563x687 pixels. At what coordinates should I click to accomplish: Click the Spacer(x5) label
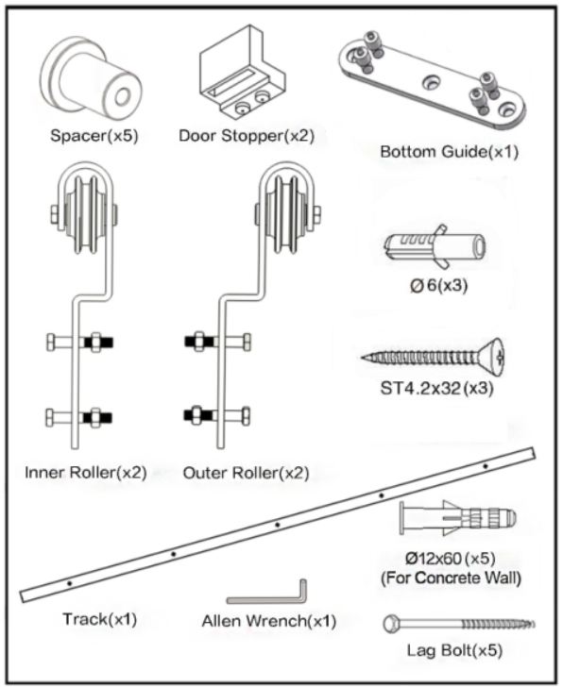click(94, 135)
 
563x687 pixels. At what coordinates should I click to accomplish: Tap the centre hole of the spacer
click(122, 96)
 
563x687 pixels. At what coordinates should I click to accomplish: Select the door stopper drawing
click(243, 73)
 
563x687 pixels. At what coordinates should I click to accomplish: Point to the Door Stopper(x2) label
click(247, 136)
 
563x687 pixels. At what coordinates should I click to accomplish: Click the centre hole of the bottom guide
click(433, 82)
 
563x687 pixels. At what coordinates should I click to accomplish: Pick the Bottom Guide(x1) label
click(449, 152)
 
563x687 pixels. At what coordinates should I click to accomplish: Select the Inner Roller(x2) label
click(86, 472)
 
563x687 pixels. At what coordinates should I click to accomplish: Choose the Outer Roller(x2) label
click(246, 473)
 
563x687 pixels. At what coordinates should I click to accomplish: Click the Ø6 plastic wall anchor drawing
click(435, 246)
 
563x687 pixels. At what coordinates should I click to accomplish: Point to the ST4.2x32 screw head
click(493, 357)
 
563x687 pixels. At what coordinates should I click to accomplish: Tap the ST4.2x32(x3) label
click(436, 388)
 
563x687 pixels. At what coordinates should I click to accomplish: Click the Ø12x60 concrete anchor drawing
click(458, 518)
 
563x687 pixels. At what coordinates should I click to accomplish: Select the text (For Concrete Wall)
click(451, 578)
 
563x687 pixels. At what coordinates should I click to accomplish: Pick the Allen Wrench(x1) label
click(269, 621)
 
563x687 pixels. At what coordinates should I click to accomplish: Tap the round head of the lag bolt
click(391, 624)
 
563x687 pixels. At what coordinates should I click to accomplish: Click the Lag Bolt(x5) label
click(454, 650)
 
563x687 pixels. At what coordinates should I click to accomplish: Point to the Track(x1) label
click(100, 619)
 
